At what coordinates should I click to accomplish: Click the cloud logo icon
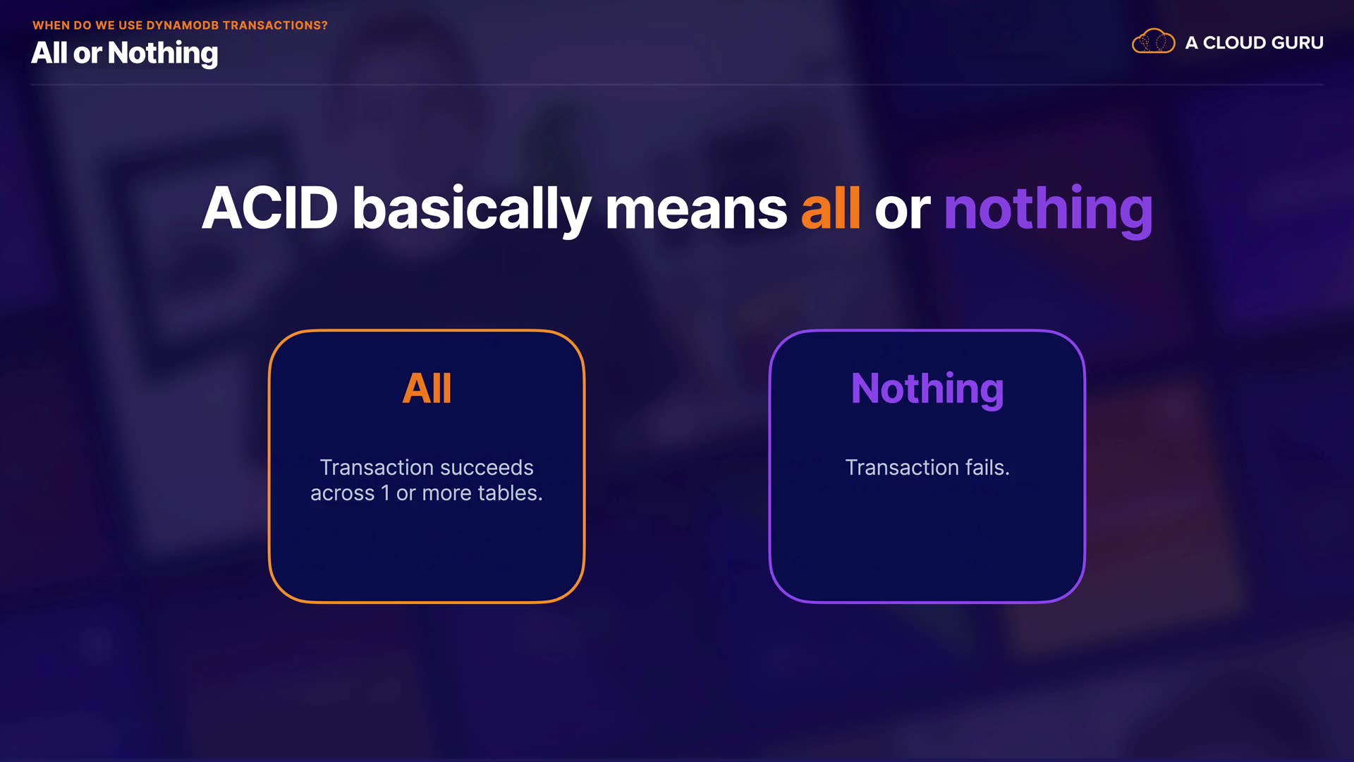pos(1153,42)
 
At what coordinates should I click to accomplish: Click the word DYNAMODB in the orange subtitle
pos(183,25)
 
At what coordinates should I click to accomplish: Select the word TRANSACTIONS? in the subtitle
pos(275,25)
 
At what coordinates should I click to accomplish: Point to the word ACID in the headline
pos(270,208)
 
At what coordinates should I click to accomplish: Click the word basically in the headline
pos(472,210)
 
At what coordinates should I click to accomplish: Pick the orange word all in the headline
pos(831,208)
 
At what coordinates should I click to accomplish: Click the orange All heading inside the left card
pos(427,388)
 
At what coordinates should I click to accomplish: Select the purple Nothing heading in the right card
pos(927,389)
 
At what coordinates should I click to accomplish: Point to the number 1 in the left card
pos(385,493)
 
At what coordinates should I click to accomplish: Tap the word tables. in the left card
pos(511,493)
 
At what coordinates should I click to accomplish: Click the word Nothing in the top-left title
pos(163,54)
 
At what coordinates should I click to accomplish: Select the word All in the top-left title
pos(49,53)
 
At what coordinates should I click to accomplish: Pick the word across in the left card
pos(343,494)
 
